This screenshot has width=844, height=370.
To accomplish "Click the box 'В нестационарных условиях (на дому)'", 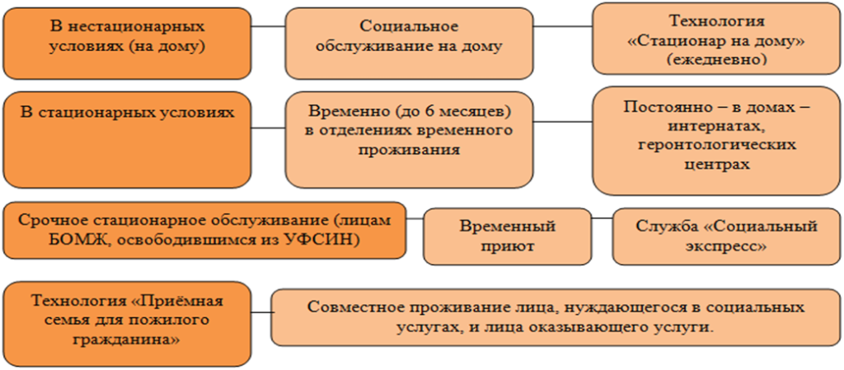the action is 127,43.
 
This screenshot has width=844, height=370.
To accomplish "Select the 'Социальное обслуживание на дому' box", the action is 409,43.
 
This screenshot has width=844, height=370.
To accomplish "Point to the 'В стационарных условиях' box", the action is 127,140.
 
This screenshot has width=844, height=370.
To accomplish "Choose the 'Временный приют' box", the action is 507,236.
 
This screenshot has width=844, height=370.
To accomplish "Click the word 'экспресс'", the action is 725,247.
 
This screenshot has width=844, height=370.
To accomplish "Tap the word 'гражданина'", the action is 127,340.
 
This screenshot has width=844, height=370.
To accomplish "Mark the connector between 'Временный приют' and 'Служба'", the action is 603,218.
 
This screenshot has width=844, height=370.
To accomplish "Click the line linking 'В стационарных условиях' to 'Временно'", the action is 268,128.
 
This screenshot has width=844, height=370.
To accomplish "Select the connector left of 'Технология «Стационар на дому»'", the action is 563,26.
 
